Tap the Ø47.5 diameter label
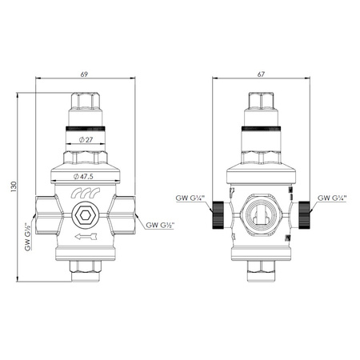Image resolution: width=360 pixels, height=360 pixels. tap(85, 176)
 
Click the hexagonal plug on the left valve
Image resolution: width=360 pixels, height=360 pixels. tap(85, 215)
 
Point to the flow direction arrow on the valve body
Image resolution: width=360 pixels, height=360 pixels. tap(85, 237)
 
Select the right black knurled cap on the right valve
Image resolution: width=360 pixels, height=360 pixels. tap(305, 214)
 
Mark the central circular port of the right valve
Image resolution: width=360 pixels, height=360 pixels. tap(260, 215)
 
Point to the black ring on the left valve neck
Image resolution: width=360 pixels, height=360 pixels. tap(85, 127)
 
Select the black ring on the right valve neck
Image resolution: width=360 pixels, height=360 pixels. tap(260, 127)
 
